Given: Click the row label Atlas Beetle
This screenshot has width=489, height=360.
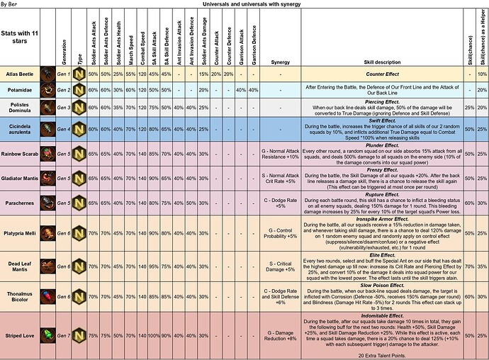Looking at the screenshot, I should (x=20, y=74).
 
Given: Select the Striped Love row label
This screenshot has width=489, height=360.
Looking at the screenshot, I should (x=20, y=333).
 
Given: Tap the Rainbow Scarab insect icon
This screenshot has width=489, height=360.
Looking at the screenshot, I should (x=47, y=154).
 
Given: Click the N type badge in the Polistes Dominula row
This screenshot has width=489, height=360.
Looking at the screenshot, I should (x=80, y=107).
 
